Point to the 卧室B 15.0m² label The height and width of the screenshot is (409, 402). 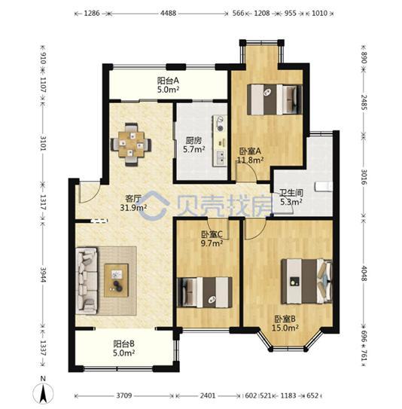285,323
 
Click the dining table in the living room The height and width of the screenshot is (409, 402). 131,145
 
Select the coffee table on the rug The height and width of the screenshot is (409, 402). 116,281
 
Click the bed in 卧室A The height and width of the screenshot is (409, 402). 275,99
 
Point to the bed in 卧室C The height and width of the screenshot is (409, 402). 205,292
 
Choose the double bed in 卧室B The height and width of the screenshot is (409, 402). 306,281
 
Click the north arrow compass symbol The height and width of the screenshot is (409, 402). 43,391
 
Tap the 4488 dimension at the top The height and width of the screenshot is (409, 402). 168,13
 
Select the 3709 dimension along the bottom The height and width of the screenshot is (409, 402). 123,395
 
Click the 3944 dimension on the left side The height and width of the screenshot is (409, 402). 43,275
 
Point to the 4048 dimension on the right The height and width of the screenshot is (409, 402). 364,273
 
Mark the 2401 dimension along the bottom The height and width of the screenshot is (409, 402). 208,395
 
